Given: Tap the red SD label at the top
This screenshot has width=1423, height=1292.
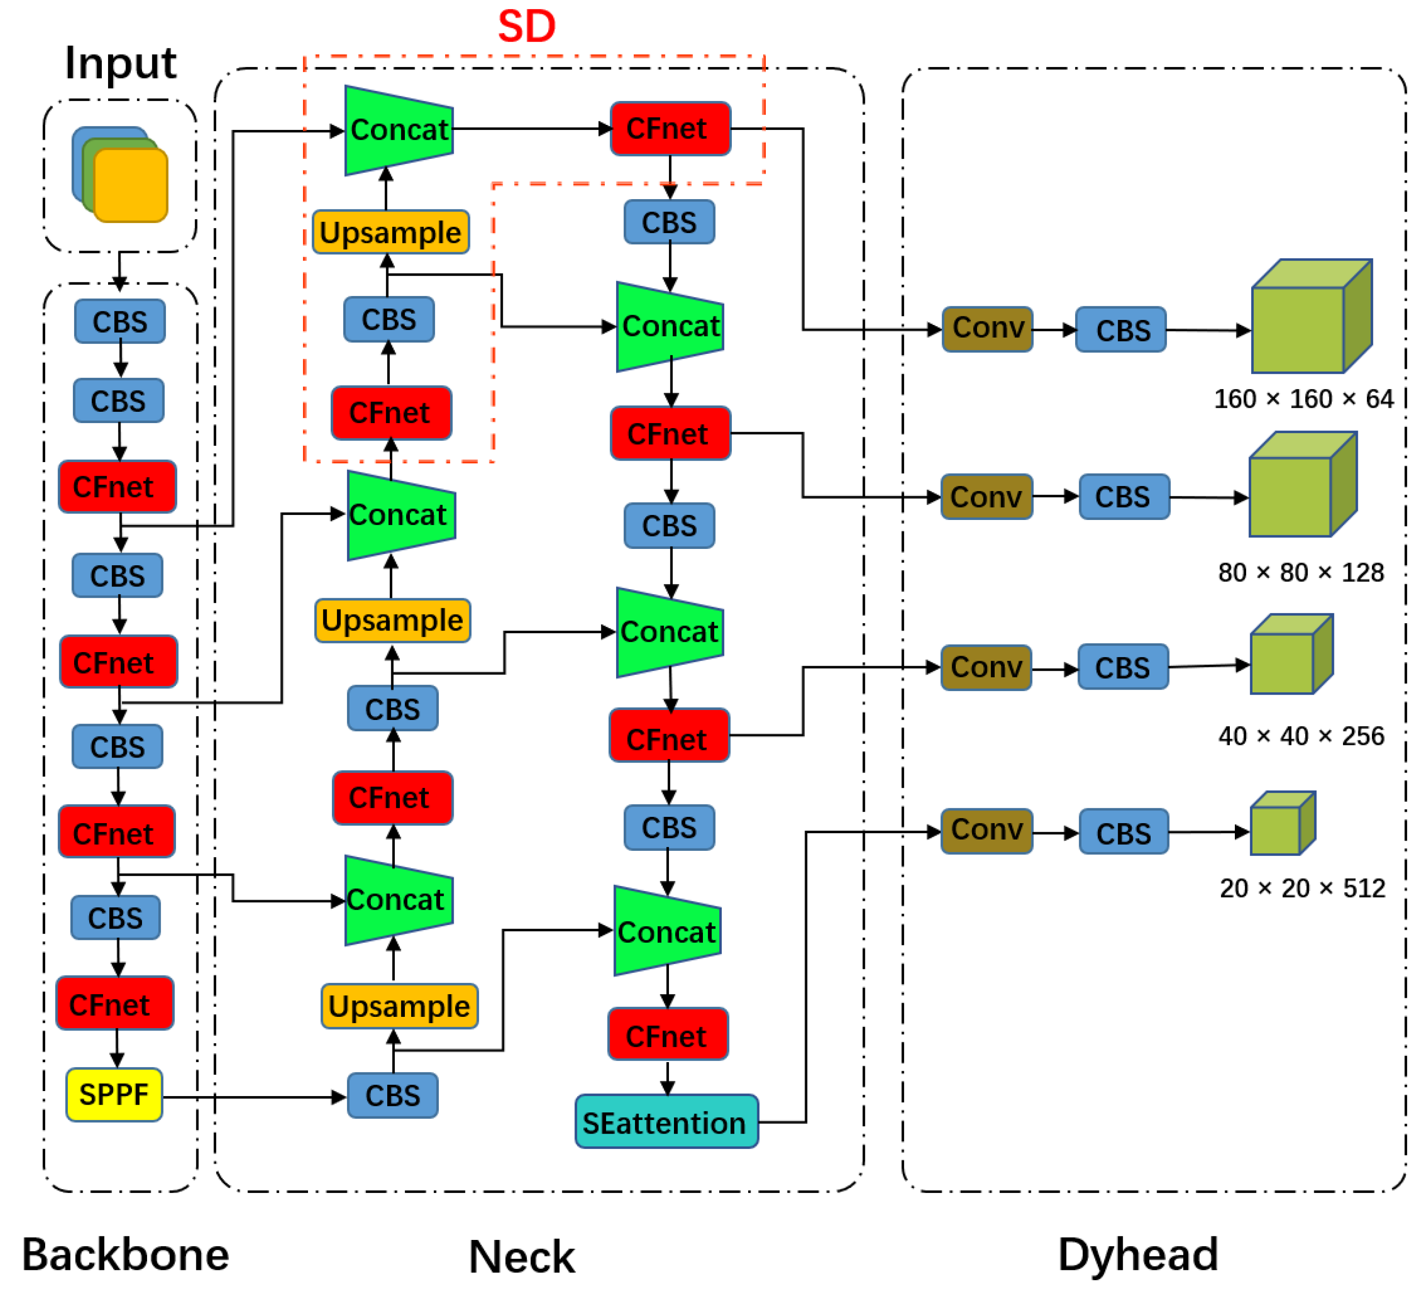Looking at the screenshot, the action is click(527, 26).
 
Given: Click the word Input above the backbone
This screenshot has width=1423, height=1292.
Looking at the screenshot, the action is click(120, 63).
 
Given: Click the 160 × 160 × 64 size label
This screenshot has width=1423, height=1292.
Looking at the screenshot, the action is click(1304, 399).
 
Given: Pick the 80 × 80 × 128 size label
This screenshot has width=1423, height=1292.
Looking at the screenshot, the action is click(1301, 572).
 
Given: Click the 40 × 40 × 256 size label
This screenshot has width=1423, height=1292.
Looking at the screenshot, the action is click(1301, 736).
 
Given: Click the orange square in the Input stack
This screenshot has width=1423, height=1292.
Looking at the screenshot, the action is click(131, 185).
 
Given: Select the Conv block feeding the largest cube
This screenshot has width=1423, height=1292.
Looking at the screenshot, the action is click(987, 329).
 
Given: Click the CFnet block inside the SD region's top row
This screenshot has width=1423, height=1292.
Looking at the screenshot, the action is click(670, 129).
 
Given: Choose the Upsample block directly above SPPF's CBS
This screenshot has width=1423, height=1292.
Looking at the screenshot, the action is click(399, 1006).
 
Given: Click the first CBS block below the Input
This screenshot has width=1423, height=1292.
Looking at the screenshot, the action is click(120, 321).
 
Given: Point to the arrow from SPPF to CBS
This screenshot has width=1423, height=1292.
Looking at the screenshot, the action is click(255, 1097).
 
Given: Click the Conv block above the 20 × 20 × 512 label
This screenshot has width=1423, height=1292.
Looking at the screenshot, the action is click(987, 831).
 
